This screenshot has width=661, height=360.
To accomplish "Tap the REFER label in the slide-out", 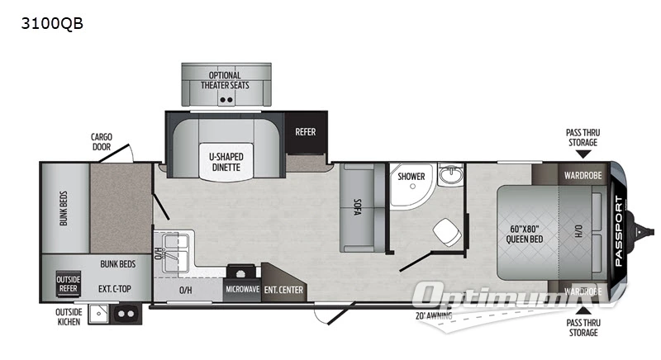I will pyautogui.click(x=306, y=131).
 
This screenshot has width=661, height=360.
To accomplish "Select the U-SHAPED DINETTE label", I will pyautogui.click(x=226, y=160).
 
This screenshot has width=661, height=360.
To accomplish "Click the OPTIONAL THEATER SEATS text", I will pyautogui.click(x=226, y=80).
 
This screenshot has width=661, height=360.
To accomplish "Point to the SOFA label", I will pyautogui.click(x=357, y=206).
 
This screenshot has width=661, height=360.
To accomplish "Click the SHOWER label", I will pyautogui.click(x=411, y=176).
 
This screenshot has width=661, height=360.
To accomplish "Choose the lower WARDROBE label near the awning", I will pyautogui.click(x=582, y=291).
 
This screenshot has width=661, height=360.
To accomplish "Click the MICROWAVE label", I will pyautogui.click(x=242, y=290).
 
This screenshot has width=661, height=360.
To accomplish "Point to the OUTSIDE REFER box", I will pyautogui.click(x=68, y=283).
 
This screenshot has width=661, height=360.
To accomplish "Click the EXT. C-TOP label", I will pyautogui.click(x=114, y=289).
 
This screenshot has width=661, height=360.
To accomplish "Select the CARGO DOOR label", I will pyautogui.click(x=102, y=141).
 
